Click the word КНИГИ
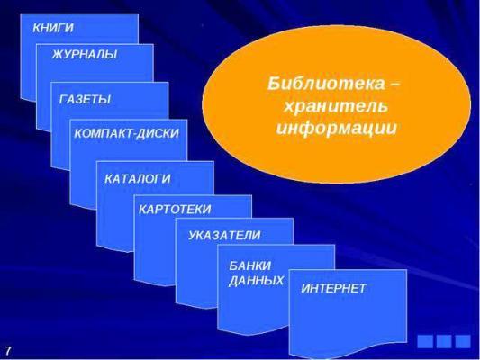point(53,28)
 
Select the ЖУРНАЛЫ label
point(84,54)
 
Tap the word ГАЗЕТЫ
point(85,99)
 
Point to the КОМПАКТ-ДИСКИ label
point(126,134)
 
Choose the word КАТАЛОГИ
point(138,179)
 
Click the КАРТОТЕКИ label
point(175,210)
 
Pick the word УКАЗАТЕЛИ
point(224,235)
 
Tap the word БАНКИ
point(250,265)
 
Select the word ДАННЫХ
point(257,281)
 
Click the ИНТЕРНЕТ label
point(333,288)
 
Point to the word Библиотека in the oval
point(326,83)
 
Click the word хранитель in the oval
point(336,106)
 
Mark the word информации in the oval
point(337,128)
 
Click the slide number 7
point(7,350)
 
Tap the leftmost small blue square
point(425,341)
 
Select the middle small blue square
point(444,341)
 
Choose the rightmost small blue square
point(463,341)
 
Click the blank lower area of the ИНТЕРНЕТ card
point(348,324)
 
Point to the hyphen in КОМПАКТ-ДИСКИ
point(133,135)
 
